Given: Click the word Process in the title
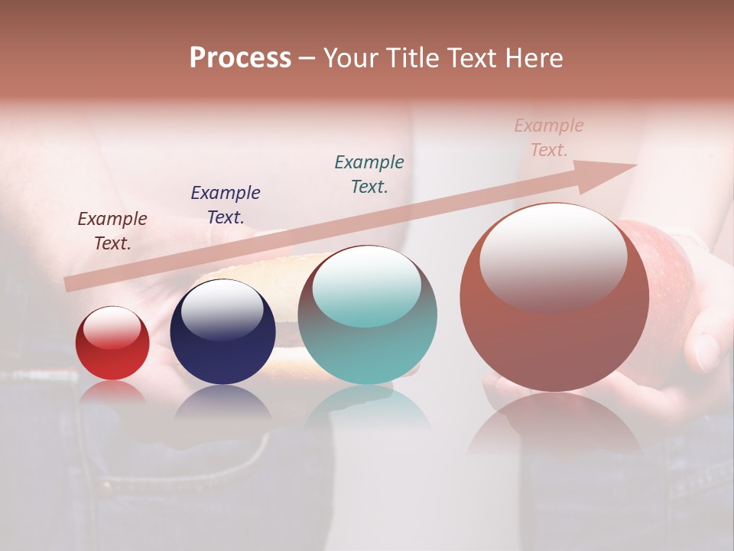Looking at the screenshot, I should point(240,58).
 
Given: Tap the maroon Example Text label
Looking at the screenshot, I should point(112,231).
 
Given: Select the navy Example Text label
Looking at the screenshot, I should point(226,205).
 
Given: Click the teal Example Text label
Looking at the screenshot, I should point(369,174).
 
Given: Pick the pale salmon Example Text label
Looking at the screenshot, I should point(549,138).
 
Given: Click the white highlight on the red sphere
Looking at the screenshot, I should point(112,328).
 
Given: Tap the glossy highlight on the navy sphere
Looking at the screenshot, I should point(222,309).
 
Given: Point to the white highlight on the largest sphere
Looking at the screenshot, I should point(553,256).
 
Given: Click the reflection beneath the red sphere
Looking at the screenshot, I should point(112,392).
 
